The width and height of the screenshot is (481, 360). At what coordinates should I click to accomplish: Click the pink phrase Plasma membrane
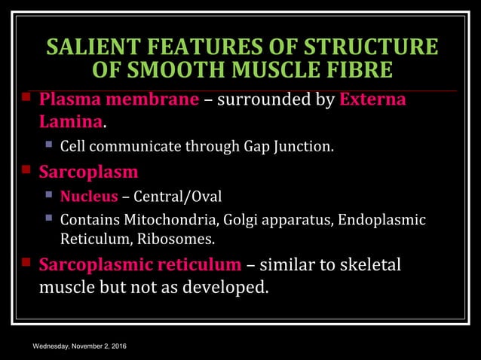(119, 100)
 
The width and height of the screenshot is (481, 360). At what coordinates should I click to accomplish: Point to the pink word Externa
(373, 100)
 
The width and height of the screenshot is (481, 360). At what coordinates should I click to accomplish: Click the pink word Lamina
(70, 122)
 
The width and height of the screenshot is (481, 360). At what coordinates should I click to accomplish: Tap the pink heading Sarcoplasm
(88, 172)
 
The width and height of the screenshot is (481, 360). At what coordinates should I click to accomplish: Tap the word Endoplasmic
(381, 221)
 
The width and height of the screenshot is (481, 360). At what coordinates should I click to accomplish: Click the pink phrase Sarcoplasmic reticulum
(140, 266)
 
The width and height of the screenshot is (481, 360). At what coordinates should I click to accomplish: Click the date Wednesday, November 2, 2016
(79, 346)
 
